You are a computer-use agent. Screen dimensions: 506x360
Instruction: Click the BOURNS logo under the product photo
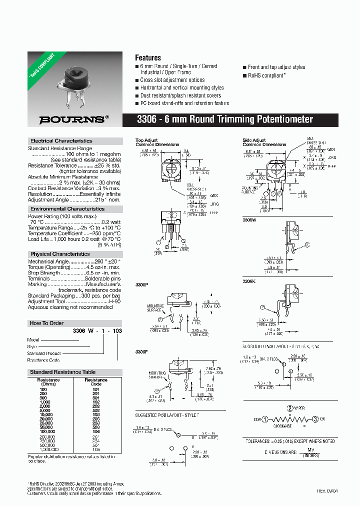(72, 119)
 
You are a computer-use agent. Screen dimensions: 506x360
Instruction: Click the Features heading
(148, 57)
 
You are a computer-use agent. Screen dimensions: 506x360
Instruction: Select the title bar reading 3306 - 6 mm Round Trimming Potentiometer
(225, 119)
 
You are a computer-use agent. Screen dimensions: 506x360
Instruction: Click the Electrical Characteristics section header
(61, 141)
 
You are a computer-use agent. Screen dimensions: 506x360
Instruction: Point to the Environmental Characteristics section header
(67, 208)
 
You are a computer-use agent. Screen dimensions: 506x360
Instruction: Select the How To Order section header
(46, 323)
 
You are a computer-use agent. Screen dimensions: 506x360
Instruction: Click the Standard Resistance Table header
(62, 372)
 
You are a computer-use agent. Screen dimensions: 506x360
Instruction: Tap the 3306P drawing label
(142, 284)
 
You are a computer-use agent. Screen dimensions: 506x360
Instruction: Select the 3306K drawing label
(249, 282)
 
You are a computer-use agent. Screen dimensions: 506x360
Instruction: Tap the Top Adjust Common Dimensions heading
(157, 142)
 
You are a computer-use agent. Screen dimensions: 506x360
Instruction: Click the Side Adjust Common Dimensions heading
(264, 142)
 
